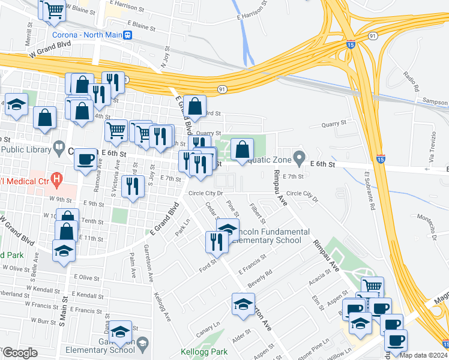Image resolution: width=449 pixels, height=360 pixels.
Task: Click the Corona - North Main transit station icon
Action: click(x=128, y=35)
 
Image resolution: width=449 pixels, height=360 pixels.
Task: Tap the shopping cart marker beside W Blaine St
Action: click(x=52, y=10)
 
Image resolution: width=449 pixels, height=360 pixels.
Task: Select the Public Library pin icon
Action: click(x=59, y=146)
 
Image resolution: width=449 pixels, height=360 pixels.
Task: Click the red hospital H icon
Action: click(x=57, y=178)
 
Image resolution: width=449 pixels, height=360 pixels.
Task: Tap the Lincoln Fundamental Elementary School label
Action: click(x=267, y=236)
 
